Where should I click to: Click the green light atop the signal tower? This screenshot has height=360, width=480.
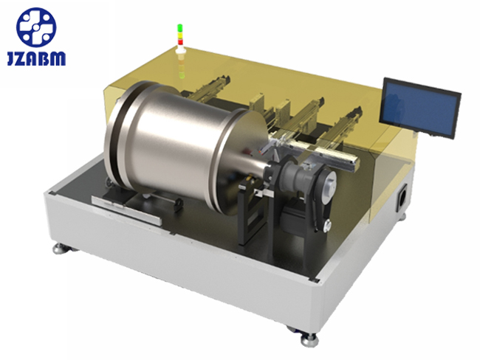tap(180, 27)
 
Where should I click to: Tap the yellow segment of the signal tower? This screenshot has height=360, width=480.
tap(180, 34)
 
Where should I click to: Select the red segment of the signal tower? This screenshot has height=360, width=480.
tap(180, 41)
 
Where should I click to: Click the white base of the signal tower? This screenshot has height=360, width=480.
tap(181, 50)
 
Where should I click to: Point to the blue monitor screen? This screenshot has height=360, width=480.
tap(421, 108)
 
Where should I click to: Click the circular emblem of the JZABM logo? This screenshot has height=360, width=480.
tap(36, 27)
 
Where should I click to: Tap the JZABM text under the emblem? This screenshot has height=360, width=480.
tap(36, 59)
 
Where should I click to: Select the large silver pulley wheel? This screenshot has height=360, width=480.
tap(328, 181)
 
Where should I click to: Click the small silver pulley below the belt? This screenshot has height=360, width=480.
tap(326, 225)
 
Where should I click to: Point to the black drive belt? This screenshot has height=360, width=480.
tap(319, 198)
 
